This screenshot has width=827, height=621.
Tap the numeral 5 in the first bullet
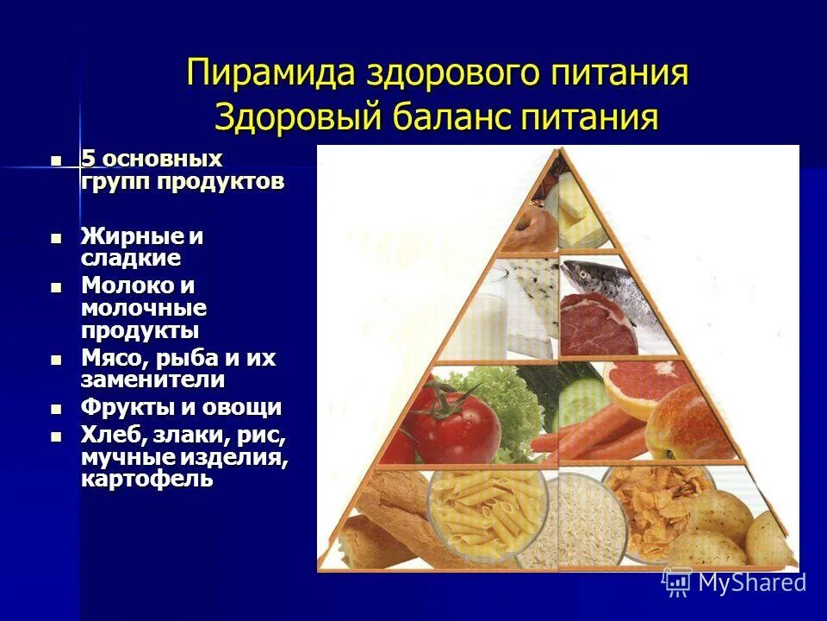(x=87, y=160)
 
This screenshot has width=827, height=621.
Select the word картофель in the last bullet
(x=146, y=480)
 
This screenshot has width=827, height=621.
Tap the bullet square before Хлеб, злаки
(x=57, y=436)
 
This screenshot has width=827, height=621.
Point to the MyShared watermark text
(x=751, y=582)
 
